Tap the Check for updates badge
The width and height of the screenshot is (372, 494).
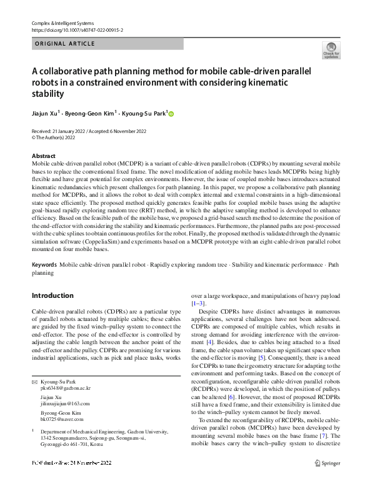click(x=331, y=51)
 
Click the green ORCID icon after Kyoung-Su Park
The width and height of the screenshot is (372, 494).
click(x=171, y=114)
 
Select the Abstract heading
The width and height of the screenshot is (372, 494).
click(x=43, y=156)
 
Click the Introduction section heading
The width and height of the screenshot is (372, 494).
click(x=53, y=295)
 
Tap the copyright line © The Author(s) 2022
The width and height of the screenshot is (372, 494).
click(x=56, y=137)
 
